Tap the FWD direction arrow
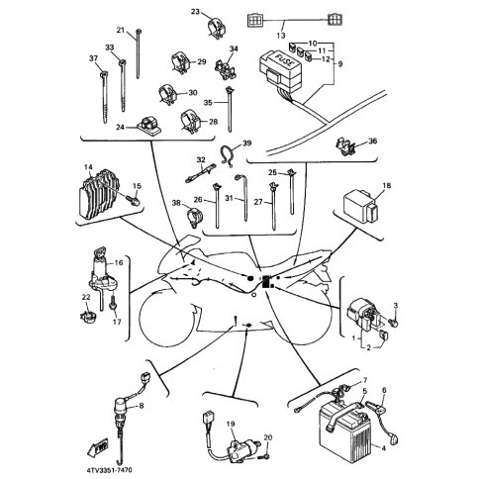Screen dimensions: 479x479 click(x=97, y=447)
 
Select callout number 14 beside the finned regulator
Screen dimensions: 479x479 click(x=88, y=167)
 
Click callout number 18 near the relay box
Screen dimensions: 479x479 click(x=386, y=186)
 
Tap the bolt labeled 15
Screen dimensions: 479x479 click(x=134, y=201)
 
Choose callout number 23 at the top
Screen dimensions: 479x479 click(x=196, y=12)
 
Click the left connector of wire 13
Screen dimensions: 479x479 click(x=254, y=21)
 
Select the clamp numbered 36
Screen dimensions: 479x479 click(x=344, y=146)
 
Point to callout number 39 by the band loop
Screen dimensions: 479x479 click(x=246, y=144)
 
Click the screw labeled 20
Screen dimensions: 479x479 click(x=265, y=457)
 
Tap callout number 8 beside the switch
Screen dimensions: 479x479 click(x=142, y=406)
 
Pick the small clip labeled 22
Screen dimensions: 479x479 click(x=88, y=317)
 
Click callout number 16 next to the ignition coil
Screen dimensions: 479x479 click(x=119, y=263)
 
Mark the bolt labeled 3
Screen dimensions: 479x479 click(x=393, y=322)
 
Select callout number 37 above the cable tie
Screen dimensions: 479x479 click(x=93, y=58)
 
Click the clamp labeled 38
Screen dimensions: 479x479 click(x=195, y=216)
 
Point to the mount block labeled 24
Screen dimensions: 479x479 click(x=147, y=126)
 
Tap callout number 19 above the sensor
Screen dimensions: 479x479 click(x=231, y=424)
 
